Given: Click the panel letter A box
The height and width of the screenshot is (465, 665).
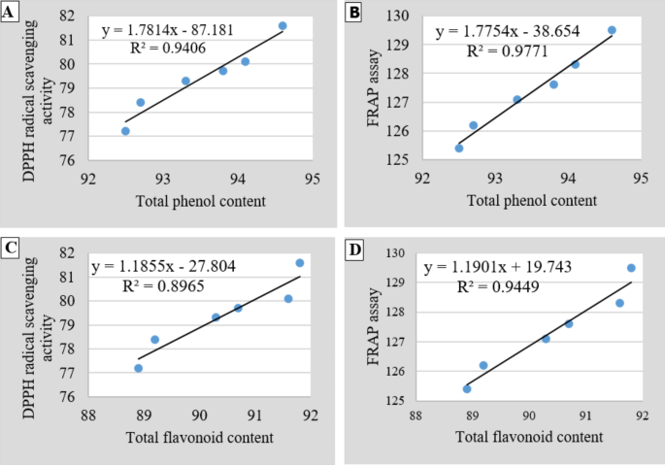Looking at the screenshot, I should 11,11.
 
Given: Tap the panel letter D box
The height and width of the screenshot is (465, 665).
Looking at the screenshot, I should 353,249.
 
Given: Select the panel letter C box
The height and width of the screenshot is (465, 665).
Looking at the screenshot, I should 11,249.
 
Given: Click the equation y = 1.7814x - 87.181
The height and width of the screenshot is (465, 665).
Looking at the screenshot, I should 174,31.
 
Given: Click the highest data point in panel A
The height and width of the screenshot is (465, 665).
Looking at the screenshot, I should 283,25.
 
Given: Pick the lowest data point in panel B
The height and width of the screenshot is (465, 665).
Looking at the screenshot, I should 459,148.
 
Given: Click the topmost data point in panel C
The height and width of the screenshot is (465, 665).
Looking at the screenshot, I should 300,263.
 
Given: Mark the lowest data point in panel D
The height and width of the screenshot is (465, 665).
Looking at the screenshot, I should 467,388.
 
